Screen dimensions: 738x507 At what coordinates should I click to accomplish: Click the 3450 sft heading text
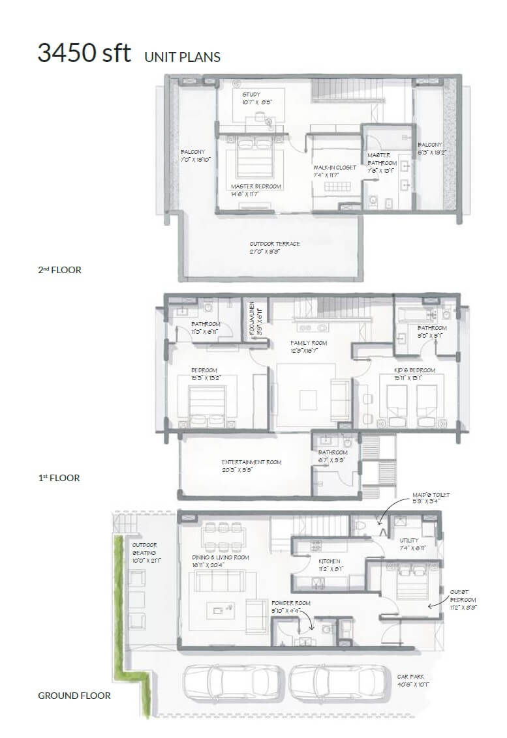click(x=84, y=53)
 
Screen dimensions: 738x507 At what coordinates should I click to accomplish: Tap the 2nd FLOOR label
click(x=59, y=270)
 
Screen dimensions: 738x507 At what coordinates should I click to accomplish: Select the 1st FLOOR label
click(x=59, y=478)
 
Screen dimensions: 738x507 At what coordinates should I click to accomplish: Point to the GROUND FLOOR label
click(x=74, y=696)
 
